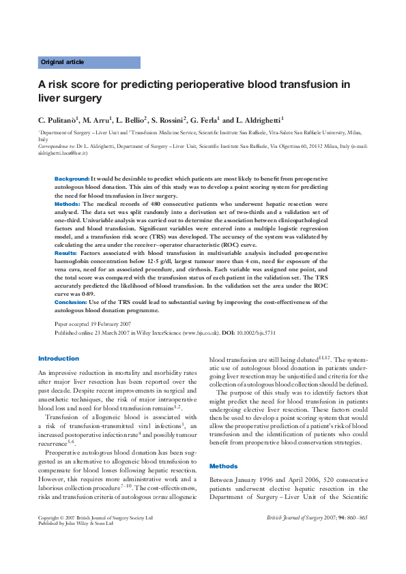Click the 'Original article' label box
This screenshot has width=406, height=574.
pyautogui.click(x=89, y=62)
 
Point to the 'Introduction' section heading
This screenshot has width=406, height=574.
pyautogui.click(x=59, y=359)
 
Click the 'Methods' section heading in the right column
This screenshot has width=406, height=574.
pyautogui.click(x=223, y=466)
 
